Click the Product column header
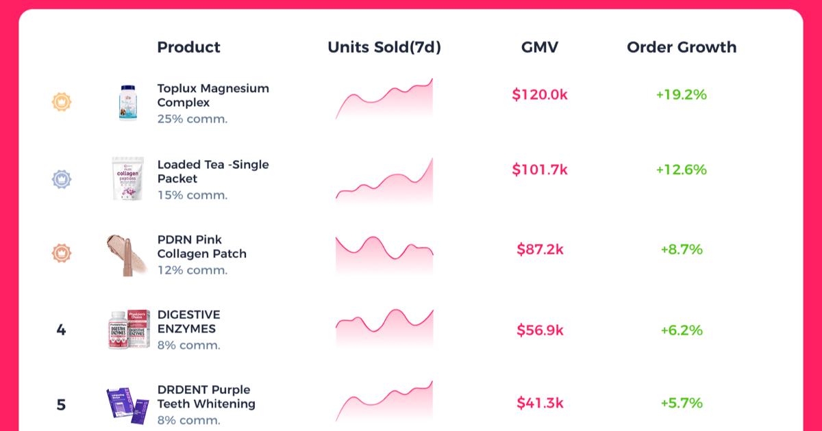[x=188, y=47]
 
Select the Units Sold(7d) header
[x=384, y=47]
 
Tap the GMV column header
[x=540, y=47]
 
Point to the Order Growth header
[x=682, y=47]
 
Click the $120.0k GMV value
[x=540, y=94]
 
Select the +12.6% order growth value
[x=682, y=170]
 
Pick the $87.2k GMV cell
[x=540, y=249]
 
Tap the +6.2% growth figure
[x=682, y=330]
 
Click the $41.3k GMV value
[x=540, y=403]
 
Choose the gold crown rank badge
[x=62, y=102]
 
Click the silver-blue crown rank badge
[x=62, y=179]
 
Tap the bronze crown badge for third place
[x=62, y=253]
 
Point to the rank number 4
[x=61, y=330]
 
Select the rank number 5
[x=61, y=404]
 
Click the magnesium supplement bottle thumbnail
[x=128, y=103]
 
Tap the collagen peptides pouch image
[x=127, y=179]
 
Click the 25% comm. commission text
[x=192, y=119]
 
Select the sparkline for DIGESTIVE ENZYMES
[x=384, y=328]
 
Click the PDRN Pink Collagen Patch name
[x=202, y=247]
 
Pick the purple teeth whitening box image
[x=127, y=406]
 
